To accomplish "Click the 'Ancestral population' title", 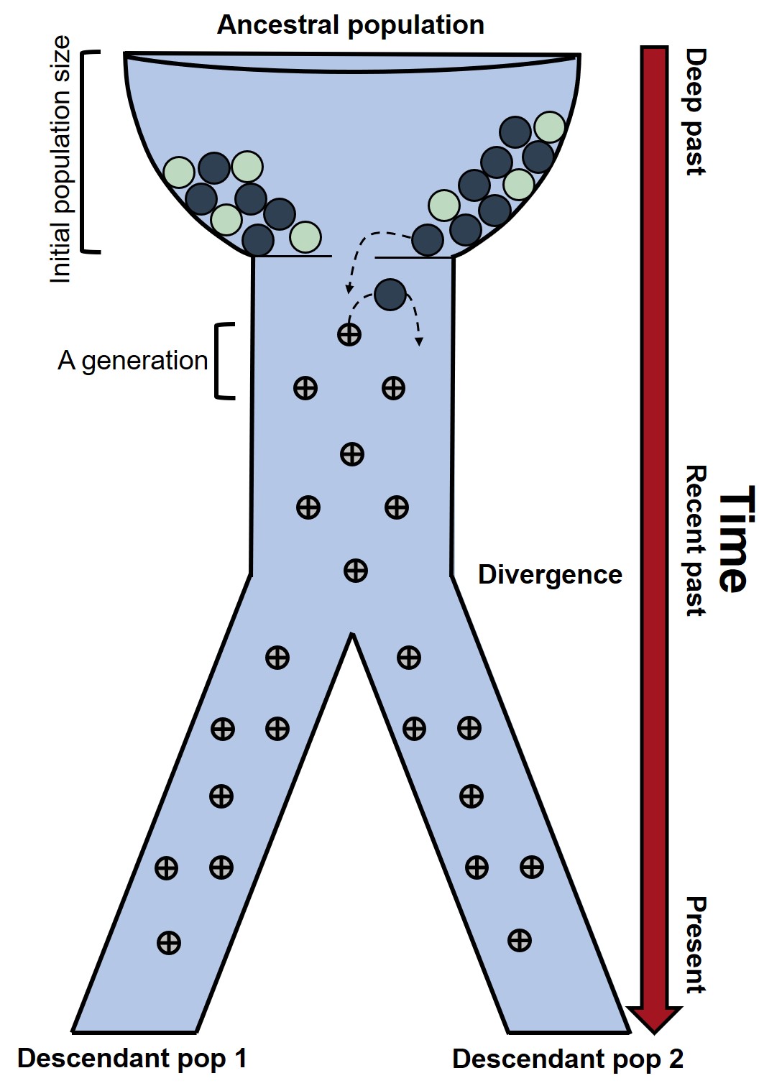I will (350, 25).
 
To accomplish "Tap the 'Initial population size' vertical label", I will (60, 160).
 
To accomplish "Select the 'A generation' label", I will (132, 360).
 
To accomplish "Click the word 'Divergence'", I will (550, 575).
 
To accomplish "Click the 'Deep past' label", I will (695, 111).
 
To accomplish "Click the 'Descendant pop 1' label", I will (132, 1058).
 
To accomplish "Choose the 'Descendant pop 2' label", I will (568, 1059).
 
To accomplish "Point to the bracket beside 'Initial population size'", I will (90, 152).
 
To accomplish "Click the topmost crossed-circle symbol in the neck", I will (349, 334).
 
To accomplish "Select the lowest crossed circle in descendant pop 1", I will (169, 942).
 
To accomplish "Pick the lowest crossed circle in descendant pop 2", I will (519, 940).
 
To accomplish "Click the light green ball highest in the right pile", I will (550, 127).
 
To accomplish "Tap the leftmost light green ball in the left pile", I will (179, 172).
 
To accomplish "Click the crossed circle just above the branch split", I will (356, 571).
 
